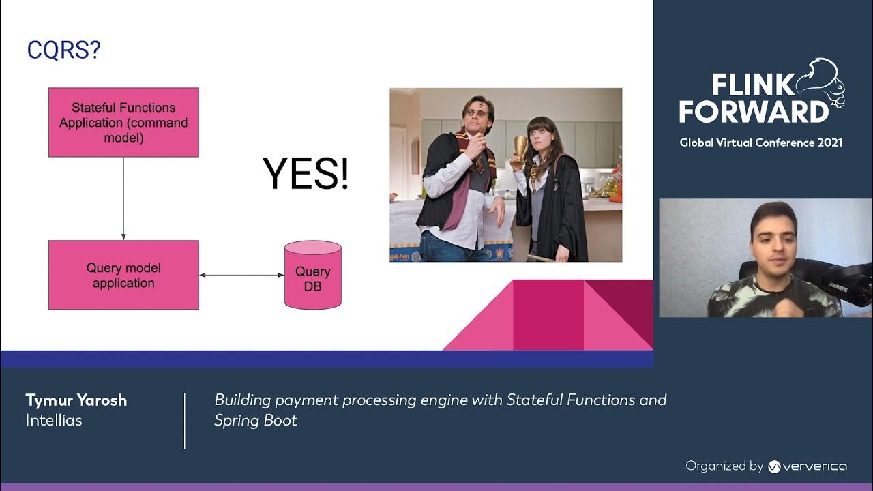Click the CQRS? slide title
[x=63, y=50]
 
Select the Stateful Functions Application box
[x=123, y=122]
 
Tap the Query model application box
[x=123, y=275]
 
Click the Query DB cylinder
[x=312, y=276]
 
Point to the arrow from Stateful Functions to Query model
[x=123, y=198]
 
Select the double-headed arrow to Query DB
[x=241, y=275]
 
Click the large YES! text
[x=306, y=173]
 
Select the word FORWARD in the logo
[x=753, y=111]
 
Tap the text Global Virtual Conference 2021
[x=760, y=143]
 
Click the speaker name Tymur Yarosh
[x=76, y=400]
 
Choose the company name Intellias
[x=54, y=420]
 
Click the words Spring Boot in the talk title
[x=256, y=420]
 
